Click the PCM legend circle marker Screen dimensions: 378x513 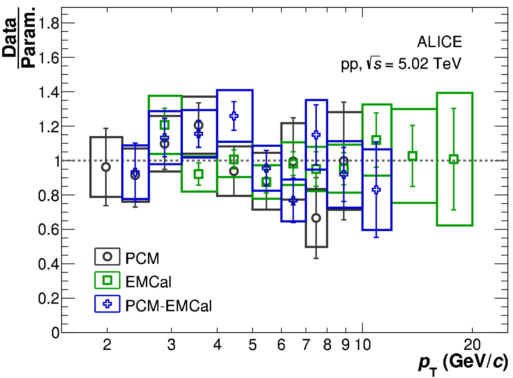coord(107,257)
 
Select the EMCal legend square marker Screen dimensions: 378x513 coord(107,280)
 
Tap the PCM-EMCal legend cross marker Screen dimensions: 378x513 coord(107,304)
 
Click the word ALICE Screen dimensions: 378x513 coord(439,42)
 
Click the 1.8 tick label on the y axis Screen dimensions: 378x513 coord(48,23)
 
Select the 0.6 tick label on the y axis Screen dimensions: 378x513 coord(48,230)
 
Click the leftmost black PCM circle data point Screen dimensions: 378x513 coord(106,167)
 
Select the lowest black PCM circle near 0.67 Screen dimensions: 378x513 coord(316,218)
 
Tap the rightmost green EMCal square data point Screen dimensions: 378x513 coord(454,159)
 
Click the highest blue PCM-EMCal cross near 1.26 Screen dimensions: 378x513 coord(234,116)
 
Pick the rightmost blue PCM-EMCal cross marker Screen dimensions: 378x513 coord(376,190)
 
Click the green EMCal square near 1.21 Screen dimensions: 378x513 coord(165,125)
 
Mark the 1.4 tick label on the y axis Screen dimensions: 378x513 coord(48,92)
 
